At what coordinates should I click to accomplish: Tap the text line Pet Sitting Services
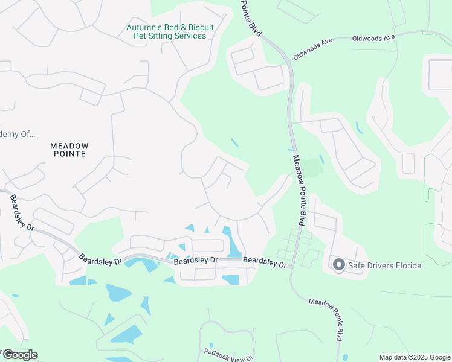tap(170, 36)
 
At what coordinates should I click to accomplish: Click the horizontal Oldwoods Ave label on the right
tap(374, 37)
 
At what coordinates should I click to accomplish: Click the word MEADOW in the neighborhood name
tap(69, 146)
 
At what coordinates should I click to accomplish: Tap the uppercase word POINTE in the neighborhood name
tap(69, 154)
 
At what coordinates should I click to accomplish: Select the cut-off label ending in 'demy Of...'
tap(18, 135)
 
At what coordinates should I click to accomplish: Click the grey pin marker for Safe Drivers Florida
tap(338, 264)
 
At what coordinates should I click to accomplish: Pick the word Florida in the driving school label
tap(406, 265)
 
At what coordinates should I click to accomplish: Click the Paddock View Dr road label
tap(228, 355)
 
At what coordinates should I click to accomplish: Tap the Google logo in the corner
tap(19, 355)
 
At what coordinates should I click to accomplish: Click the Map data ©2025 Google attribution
tap(415, 357)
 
